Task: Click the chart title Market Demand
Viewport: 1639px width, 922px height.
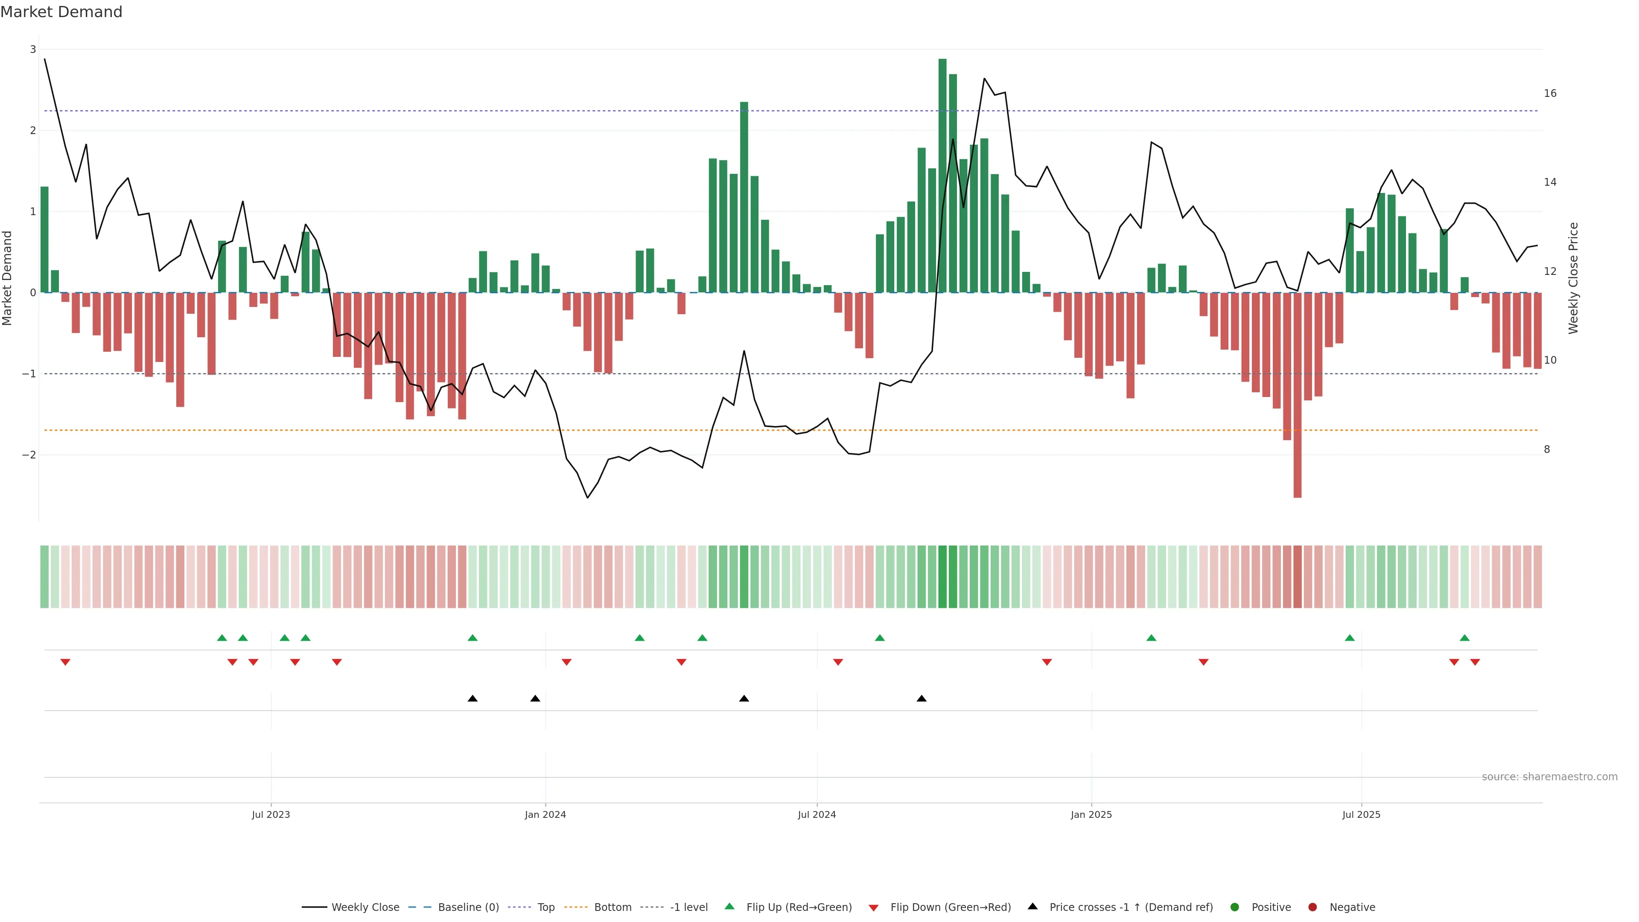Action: [x=61, y=12]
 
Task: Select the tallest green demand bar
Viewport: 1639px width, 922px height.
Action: [x=942, y=175]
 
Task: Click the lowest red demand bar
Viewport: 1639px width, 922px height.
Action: [x=1298, y=394]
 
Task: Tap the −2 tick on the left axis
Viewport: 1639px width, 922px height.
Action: [x=29, y=455]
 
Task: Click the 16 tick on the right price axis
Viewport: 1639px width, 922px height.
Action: [x=1550, y=93]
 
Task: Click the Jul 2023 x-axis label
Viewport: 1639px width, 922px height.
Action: [x=271, y=814]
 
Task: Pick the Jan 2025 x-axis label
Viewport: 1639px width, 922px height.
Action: [x=1091, y=814]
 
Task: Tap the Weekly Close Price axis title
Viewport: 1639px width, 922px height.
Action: [x=1573, y=278]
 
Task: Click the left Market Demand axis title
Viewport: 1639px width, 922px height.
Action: [x=8, y=278]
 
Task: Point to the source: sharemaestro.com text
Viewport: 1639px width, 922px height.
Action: [x=1549, y=777]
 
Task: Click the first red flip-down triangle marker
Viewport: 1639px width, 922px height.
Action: [x=65, y=662]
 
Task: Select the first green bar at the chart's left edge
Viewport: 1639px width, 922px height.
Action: [x=44, y=240]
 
